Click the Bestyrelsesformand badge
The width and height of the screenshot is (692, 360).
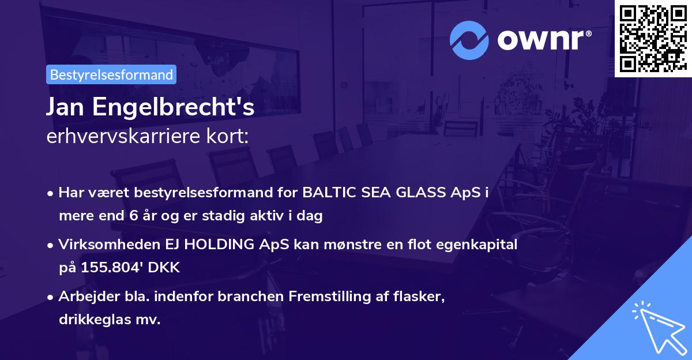111,74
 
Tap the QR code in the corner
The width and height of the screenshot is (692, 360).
653,38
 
